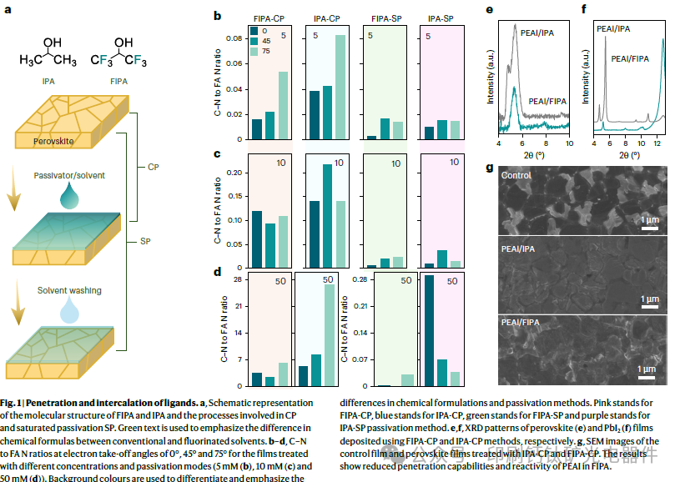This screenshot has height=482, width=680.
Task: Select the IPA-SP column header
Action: [x=441, y=17]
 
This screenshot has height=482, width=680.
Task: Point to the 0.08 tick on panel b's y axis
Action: [x=235, y=38]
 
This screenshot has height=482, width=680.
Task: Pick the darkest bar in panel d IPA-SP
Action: [x=429, y=330]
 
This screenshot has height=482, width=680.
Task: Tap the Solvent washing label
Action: [x=69, y=291]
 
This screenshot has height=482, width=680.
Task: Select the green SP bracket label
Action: [x=148, y=241]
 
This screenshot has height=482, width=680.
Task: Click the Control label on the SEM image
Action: [x=517, y=175]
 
